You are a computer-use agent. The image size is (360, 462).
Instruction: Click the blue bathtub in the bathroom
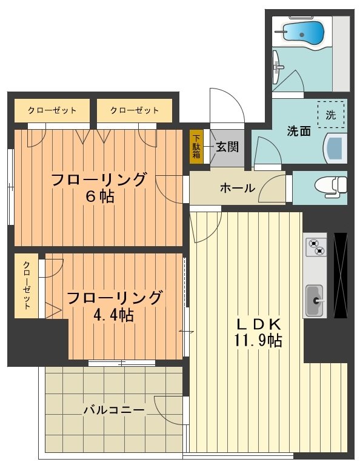[301, 31]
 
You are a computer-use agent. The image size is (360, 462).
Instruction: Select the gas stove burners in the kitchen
[316, 247]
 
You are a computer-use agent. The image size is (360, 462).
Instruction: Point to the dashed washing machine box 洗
[330, 114]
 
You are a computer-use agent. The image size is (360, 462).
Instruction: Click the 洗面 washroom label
[299, 130]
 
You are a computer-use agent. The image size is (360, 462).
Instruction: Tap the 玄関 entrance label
[228, 146]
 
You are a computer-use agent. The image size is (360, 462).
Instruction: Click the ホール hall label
[237, 188]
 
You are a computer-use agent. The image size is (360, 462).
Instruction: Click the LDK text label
[257, 323]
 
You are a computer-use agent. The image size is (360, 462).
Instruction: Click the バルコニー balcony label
[114, 410]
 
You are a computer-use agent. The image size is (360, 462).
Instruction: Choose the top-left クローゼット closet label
[52, 110]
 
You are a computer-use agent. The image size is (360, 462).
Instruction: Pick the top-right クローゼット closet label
[135, 110]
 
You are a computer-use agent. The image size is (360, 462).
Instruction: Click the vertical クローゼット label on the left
[27, 286]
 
